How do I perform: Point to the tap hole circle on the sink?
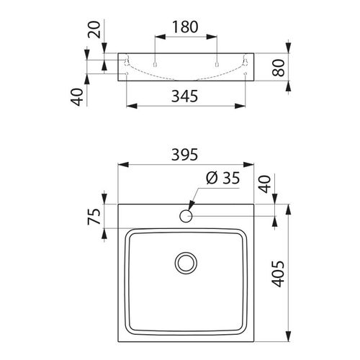pyautogui.click(x=186, y=215)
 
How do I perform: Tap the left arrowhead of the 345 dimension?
pyautogui.click(x=130, y=107)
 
